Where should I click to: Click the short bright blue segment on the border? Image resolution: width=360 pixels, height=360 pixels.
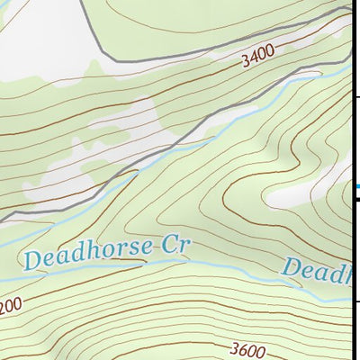[356, 187]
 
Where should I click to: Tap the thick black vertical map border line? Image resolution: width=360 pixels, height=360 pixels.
[351, 135]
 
